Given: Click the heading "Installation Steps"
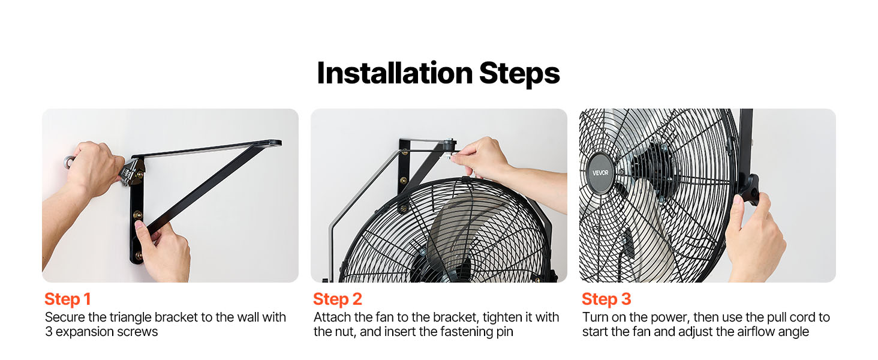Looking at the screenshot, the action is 438,73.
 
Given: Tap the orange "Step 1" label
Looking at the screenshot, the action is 67,299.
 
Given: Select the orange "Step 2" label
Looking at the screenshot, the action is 337,299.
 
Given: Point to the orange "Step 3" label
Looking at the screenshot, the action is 606,299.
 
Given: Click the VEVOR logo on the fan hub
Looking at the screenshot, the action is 600,173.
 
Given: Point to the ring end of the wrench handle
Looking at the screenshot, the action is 69,161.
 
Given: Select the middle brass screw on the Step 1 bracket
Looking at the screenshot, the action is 137,215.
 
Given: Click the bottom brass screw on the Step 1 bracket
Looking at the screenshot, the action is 139,256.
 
